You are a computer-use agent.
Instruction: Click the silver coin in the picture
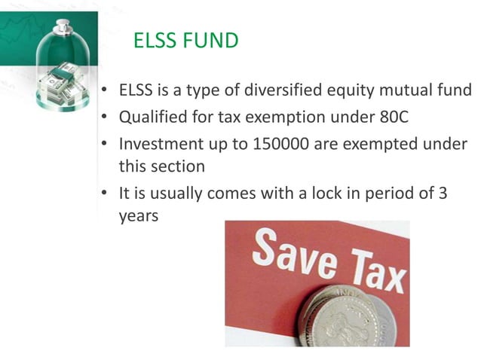pyautogui.click(x=354, y=316)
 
